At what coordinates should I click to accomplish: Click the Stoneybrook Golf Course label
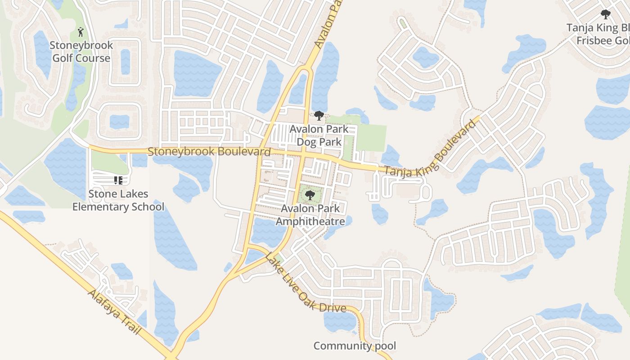point(81,52)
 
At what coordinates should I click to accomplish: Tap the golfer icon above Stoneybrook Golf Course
point(81,32)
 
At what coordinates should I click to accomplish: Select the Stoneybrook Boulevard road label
point(209,152)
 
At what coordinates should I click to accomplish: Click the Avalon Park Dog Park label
point(319,135)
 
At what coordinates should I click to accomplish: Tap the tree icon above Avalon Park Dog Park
point(319,116)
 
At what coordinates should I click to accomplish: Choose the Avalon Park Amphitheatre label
point(310,215)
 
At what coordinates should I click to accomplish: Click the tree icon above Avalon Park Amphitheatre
point(309,195)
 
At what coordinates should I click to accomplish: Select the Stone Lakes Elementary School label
point(118,200)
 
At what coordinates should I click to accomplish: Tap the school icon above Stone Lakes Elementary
point(118,180)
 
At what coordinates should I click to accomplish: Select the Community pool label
point(355,346)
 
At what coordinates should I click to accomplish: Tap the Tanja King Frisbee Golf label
point(598,34)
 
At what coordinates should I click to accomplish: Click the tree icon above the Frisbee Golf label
point(605,14)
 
